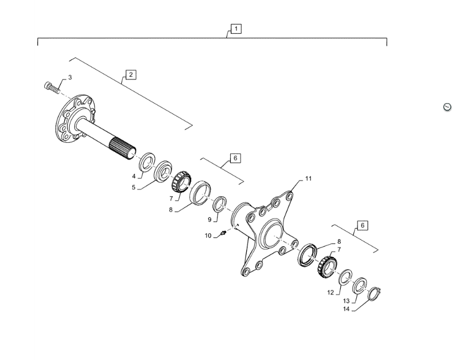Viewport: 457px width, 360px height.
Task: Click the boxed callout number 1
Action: point(236,29)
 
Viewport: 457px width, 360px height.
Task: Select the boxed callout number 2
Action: point(131,75)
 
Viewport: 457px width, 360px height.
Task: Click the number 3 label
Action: point(70,78)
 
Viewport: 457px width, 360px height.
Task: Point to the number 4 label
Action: point(134,176)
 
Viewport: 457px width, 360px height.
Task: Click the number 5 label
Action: point(133,187)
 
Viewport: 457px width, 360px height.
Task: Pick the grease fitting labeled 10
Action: point(224,233)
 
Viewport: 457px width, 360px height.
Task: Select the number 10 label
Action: point(208,235)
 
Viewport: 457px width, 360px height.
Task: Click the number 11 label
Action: point(308,178)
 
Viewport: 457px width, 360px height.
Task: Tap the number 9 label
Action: point(210,220)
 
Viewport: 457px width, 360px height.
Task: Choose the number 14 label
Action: point(346,309)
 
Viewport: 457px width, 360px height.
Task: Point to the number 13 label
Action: point(346,301)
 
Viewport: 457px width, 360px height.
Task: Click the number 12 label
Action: point(330,292)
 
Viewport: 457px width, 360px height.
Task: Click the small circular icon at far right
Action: point(447,107)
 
